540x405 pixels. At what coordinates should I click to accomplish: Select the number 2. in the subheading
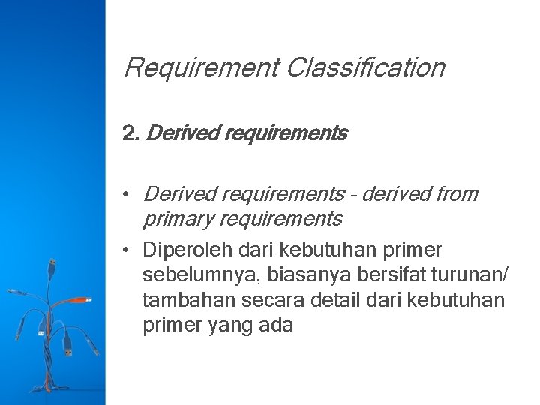130,135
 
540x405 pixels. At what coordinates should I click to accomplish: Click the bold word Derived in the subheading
173,135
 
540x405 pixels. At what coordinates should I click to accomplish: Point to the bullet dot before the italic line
129,194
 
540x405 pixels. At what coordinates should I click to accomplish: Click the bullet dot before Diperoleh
129,249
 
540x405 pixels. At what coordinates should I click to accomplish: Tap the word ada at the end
274,325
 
